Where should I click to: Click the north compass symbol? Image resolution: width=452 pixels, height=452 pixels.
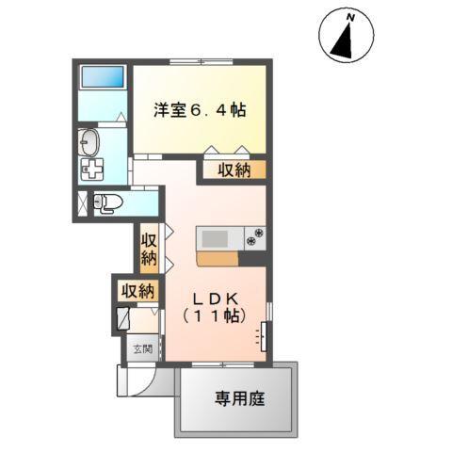(x=346, y=36)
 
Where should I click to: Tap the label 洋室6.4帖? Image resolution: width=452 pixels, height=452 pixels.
(x=200, y=110)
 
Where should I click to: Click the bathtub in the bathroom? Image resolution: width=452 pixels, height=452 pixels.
(x=104, y=77)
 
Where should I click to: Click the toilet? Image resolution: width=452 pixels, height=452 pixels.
(x=110, y=202)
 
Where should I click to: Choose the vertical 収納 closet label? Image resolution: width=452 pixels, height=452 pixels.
(x=149, y=248)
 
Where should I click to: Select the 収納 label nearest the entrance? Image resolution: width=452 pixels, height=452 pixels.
(x=137, y=291)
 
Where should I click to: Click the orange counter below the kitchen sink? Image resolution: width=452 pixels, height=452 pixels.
(x=218, y=257)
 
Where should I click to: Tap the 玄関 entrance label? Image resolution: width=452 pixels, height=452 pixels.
(x=137, y=350)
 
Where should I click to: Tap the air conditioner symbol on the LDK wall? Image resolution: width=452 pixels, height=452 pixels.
(x=263, y=334)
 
